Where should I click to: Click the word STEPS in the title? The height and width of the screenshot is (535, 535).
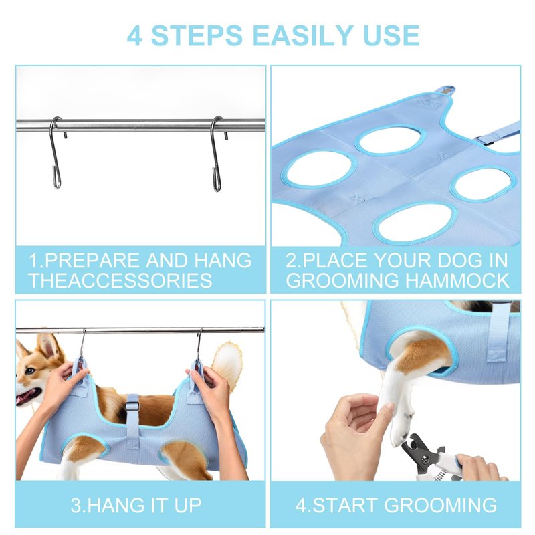point(197,35)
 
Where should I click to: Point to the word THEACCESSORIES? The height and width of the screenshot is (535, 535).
point(120,280)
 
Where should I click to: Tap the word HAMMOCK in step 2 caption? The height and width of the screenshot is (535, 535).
point(457,280)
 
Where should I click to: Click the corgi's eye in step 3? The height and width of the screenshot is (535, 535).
point(30,370)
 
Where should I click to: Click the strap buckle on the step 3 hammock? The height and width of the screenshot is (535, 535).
point(132,407)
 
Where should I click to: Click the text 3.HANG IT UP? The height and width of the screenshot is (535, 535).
point(136,506)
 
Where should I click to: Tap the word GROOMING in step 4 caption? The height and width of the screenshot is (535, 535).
point(440,506)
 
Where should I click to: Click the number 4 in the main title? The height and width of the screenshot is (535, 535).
point(134,35)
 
